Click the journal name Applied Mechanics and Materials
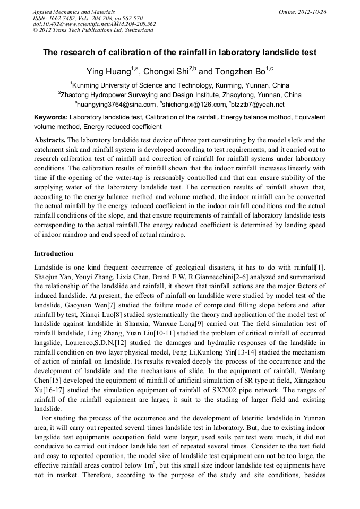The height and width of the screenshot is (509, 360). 74,12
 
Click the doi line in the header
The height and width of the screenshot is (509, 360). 94,24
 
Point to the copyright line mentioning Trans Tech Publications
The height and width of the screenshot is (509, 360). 93,30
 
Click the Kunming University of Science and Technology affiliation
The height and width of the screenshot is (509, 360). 180,85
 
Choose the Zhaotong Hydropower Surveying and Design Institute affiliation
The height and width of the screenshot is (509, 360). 180,95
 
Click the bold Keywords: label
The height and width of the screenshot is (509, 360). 51,117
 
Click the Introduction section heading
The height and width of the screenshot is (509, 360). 54,254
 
